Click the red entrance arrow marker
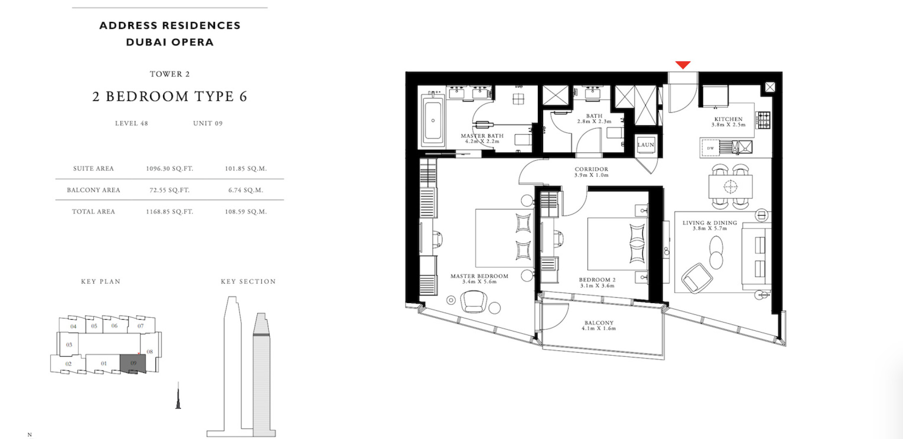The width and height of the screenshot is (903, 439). coord(683,65)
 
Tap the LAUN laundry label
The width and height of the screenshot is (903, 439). coord(646,145)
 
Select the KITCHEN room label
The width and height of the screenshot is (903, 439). coord(729,119)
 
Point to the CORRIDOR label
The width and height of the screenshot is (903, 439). coord(591,169)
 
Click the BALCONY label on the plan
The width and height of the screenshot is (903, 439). coord(598,323)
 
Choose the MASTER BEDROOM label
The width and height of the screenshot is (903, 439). coord(479,276)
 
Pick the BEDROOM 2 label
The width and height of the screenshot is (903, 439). coord(597,280)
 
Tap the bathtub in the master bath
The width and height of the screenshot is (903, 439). coord(432,120)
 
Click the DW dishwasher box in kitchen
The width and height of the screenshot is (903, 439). coord(710,148)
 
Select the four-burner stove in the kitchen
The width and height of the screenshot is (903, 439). coord(763,120)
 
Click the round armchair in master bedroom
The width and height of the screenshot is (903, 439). coord(473,302)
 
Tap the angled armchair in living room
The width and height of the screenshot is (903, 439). coord(697,278)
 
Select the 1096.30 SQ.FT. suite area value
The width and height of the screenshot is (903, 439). coord(170,169)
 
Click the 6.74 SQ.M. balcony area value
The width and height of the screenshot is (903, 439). coord(246,190)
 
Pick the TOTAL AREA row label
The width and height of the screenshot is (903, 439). coord(94,212)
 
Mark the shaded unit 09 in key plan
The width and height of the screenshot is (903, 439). coord(133,363)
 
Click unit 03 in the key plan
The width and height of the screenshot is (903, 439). coord(69,345)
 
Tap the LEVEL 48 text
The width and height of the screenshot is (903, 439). coord(131,124)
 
